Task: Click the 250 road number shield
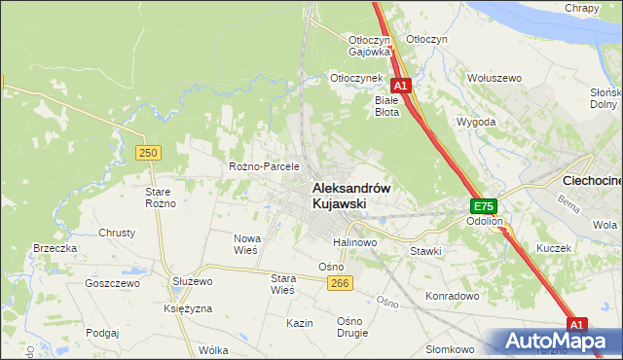[x=148, y=153]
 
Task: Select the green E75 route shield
[x=484, y=206]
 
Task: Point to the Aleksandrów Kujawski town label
[x=351, y=196]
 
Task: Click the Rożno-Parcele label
[x=263, y=166]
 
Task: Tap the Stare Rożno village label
[x=159, y=198]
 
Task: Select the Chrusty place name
[x=116, y=234]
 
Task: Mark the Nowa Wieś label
[x=244, y=244]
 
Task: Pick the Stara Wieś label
[x=282, y=283]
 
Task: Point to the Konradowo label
[x=453, y=295]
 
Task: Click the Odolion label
[x=484, y=222]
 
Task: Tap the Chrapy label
[x=581, y=8]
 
